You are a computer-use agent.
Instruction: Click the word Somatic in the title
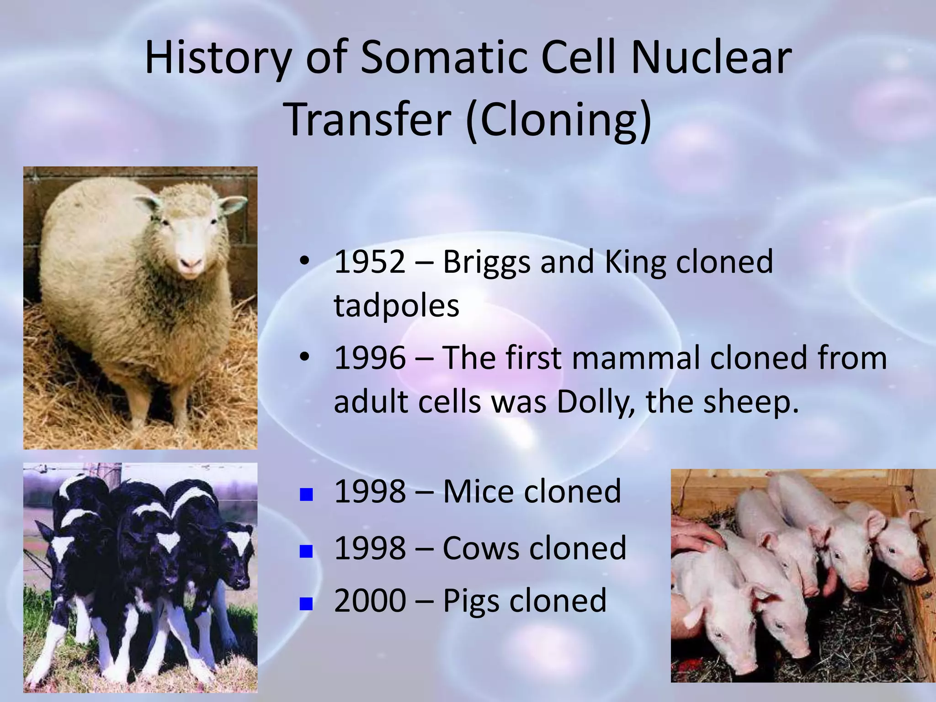443,58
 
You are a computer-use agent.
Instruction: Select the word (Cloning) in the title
558,120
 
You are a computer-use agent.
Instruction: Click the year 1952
369,262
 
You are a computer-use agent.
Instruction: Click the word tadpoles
396,305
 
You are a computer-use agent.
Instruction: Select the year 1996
369,358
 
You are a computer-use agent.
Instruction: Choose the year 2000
369,601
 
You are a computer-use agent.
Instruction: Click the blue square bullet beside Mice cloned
306,495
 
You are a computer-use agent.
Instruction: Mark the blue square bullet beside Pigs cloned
306,604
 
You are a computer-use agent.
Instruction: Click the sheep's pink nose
190,264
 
